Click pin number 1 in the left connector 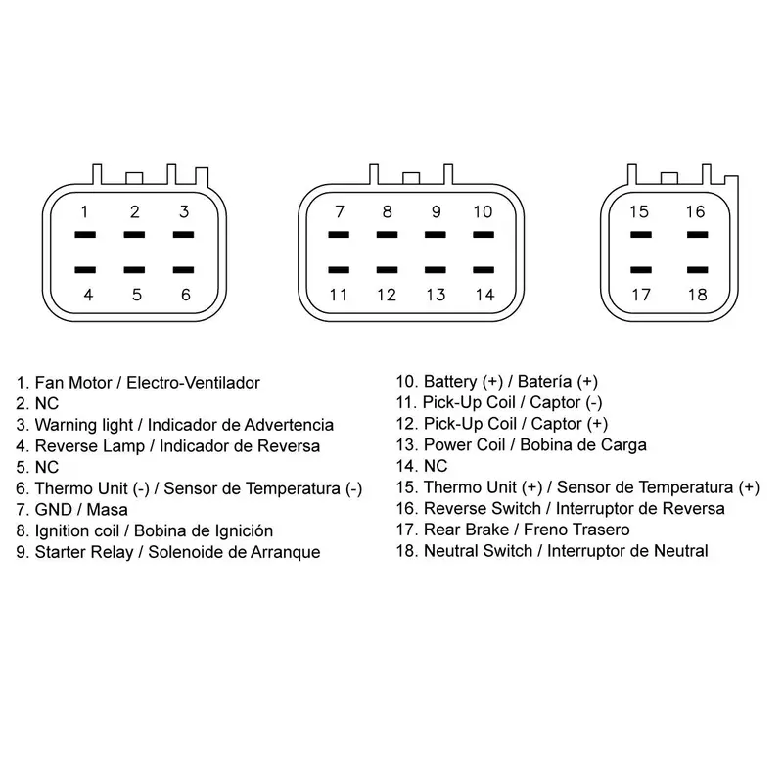(84, 211)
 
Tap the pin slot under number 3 (183, 234)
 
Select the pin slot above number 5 (134, 270)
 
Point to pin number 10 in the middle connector (483, 211)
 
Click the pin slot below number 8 (387, 234)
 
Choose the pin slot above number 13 (435, 270)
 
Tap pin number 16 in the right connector (695, 211)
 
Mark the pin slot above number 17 (641, 270)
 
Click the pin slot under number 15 (641, 234)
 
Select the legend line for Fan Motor (138, 383)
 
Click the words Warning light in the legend (84, 425)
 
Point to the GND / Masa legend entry (71, 510)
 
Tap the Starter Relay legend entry (168, 552)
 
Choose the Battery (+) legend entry (497, 382)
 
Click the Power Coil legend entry (522, 445)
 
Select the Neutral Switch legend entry (552, 551)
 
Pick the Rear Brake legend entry (513, 530)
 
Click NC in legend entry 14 (436, 467)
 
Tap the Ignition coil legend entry (144, 530)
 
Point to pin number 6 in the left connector (185, 295)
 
